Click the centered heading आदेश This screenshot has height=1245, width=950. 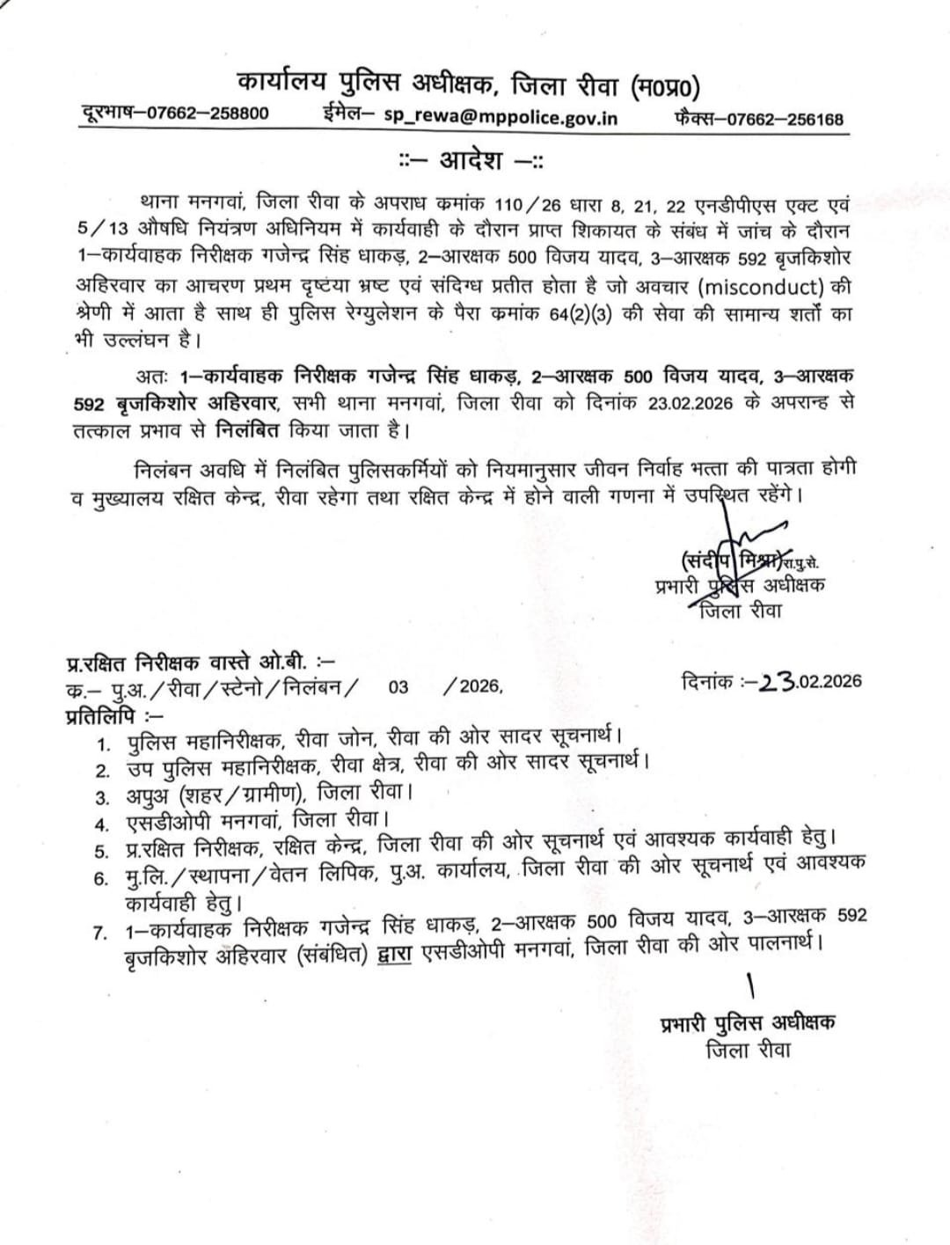point(472,162)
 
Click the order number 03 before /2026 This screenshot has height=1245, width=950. point(398,686)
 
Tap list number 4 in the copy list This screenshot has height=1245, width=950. point(103,824)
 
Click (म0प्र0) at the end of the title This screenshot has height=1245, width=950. point(665,87)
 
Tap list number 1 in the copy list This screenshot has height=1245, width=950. point(104,744)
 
